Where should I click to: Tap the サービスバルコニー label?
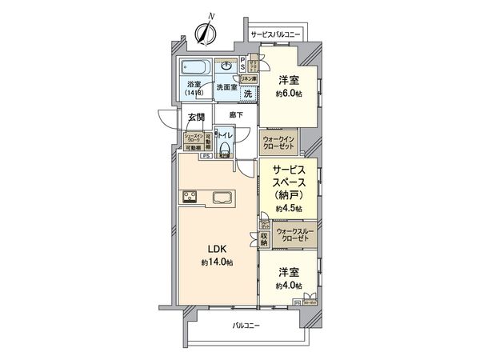(276, 35)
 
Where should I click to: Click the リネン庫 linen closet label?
(249, 78)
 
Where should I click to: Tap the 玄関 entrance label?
(196, 117)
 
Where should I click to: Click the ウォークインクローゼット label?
(278, 142)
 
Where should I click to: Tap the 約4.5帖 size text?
(288, 208)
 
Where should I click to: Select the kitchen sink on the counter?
(222, 197)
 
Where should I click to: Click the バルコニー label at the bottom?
(247, 326)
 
